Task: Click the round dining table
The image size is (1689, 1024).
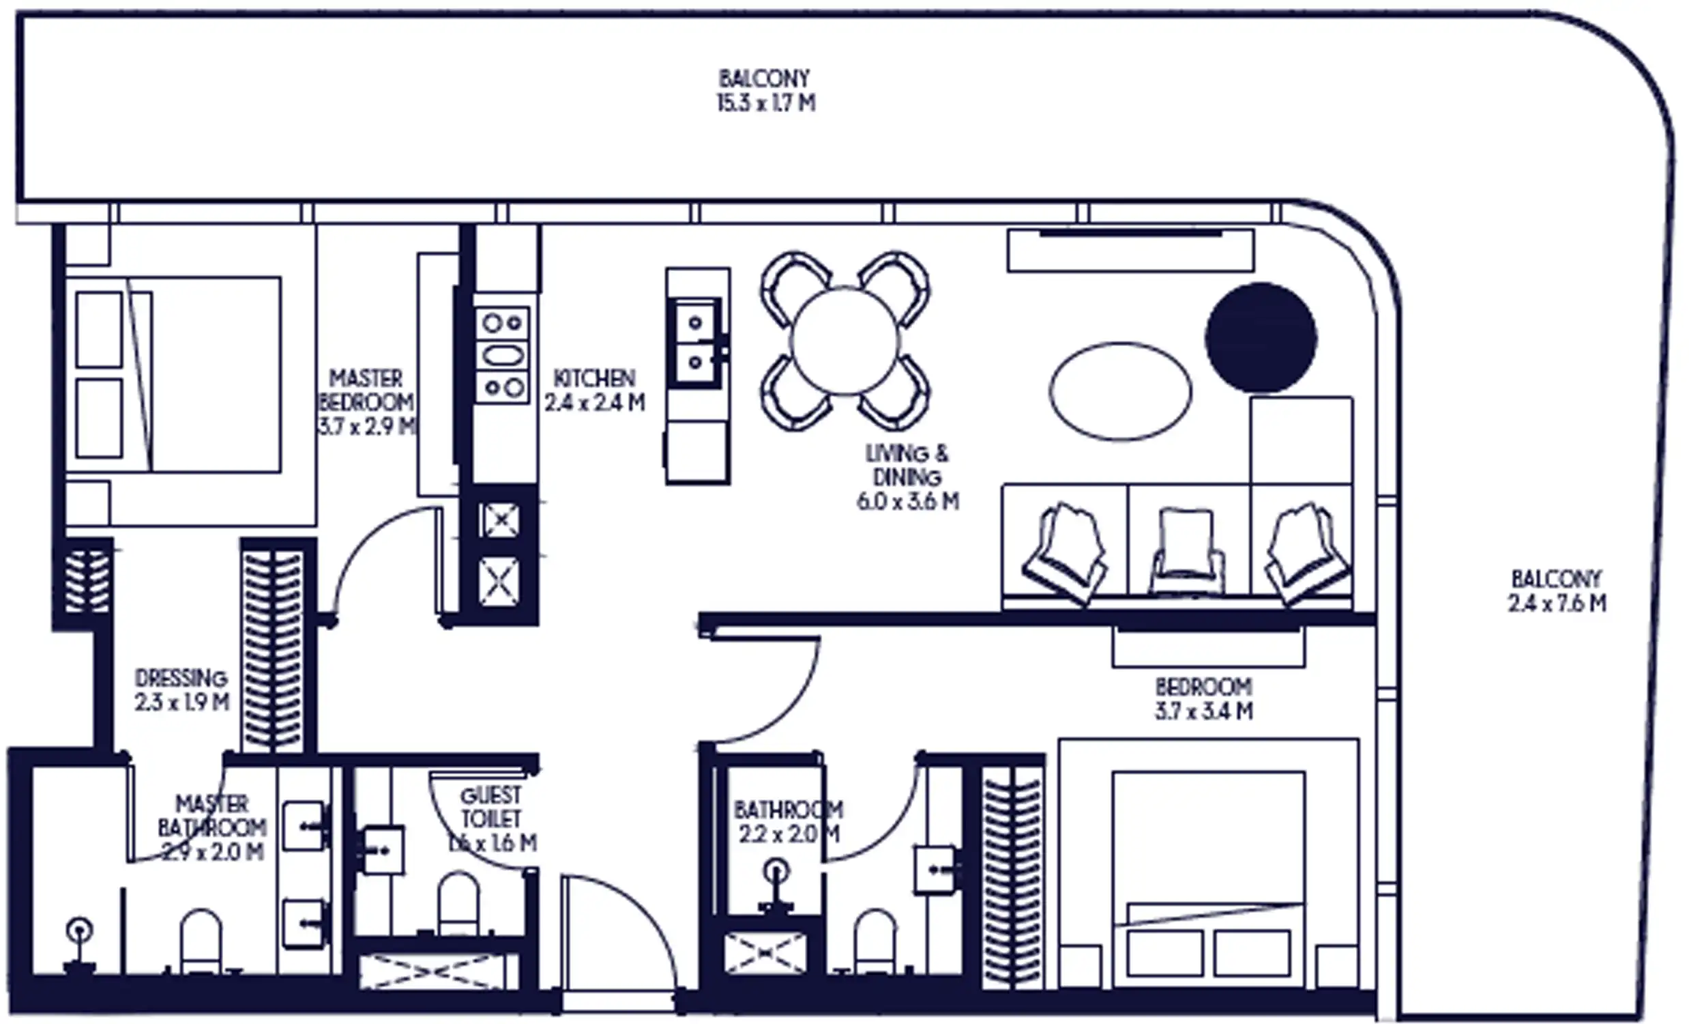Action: pos(844,341)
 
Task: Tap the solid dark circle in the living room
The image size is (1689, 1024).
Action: pos(1261,337)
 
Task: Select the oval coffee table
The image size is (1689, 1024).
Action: pos(1120,391)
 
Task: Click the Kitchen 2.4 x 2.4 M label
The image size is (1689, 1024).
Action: pos(595,390)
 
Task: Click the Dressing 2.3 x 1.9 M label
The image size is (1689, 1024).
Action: pos(181,690)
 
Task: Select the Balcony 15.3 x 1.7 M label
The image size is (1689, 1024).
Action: pos(765,91)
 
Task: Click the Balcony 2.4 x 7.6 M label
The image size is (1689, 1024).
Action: pos(1557,591)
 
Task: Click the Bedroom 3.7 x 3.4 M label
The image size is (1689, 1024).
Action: pos(1204,698)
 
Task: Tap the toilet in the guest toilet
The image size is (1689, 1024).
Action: pos(458,904)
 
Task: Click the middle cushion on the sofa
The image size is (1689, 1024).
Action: pos(1188,549)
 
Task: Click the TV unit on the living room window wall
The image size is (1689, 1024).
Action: pos(1130,251)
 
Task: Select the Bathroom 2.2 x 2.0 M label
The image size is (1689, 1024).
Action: pos(789,822)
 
